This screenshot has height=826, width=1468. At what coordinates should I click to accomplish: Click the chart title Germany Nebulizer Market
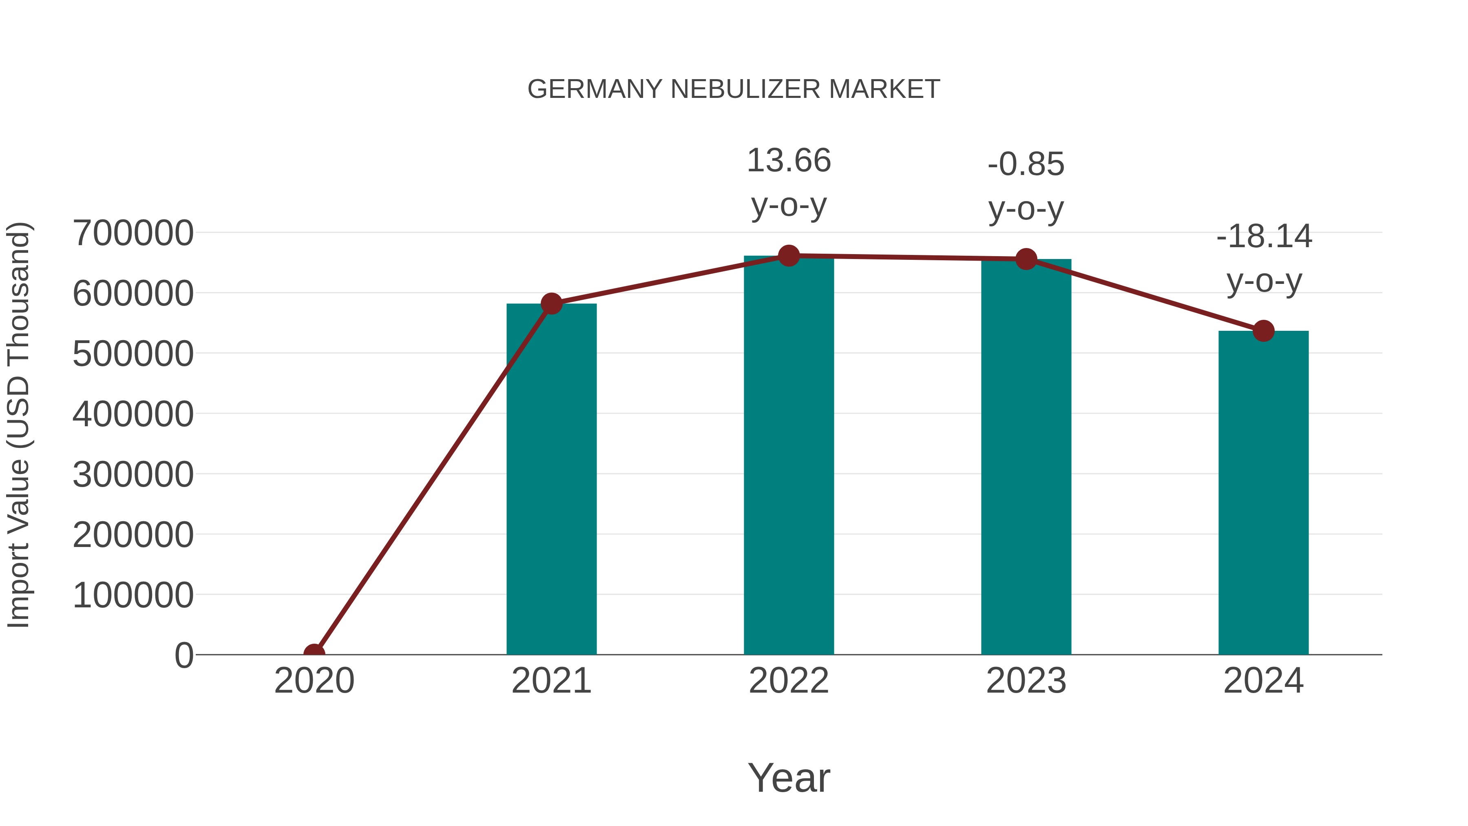(x=734, y=89)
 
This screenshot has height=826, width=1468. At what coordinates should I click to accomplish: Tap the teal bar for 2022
(x=789, y=456)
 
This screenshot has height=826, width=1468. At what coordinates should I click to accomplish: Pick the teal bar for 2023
(x=1026, y=456)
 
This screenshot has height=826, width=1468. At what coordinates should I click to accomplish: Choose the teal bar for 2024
(x=1263, y=493)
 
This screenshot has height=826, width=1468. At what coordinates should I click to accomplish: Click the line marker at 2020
(x=314, y=653)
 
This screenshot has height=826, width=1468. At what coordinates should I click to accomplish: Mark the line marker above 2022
(x=789, y=256)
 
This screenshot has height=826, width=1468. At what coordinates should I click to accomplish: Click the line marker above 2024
(x=1263, y=331)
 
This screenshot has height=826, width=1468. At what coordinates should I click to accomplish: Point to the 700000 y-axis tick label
(x=133, y=233)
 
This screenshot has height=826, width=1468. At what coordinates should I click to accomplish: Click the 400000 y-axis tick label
(x=133, y=414)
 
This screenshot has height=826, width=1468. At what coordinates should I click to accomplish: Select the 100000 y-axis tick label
(x=133, y=595)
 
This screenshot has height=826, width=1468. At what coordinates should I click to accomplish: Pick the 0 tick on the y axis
(x=183, y=655)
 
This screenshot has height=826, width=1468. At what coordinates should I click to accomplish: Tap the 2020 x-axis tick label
(x=314, y=681)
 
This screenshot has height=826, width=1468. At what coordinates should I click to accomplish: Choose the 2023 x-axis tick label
(x=1026, y=681)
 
